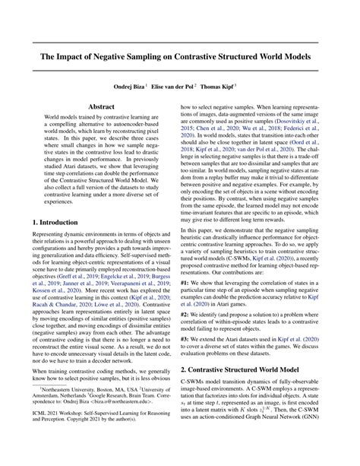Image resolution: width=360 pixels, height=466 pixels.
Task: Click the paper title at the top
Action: pos(180,57)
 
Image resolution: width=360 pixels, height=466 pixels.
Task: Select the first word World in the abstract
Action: pos(53,122)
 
